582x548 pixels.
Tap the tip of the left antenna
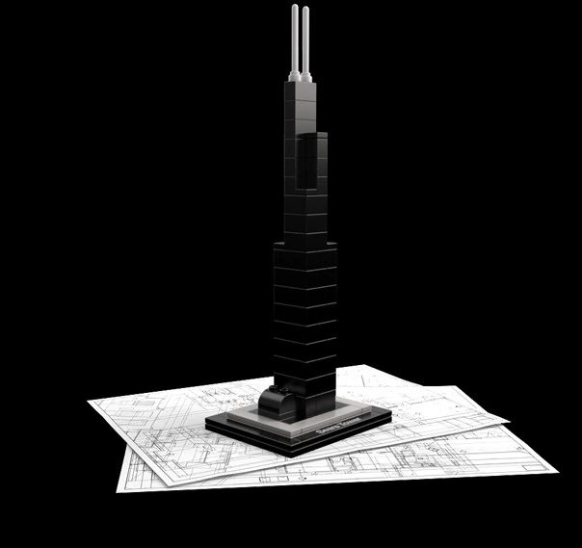point(295,7)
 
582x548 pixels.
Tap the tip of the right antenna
point(305,8)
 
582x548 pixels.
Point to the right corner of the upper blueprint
point(509,421)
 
